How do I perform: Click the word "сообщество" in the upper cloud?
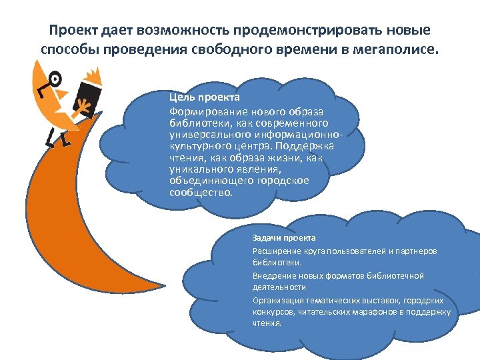tap(201, 192)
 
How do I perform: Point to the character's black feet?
tap(57, 140)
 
